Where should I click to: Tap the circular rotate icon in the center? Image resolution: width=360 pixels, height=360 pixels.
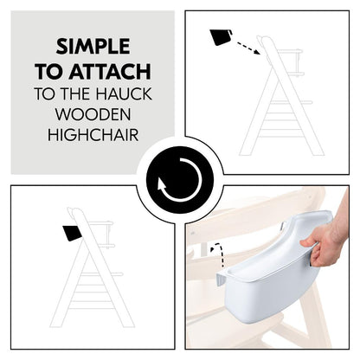(180, 180)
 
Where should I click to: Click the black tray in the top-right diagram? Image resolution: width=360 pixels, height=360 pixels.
(220, 37)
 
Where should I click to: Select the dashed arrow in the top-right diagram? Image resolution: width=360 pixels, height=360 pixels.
(245, 44)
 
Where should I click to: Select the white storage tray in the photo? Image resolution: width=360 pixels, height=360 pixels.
(268, 277)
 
